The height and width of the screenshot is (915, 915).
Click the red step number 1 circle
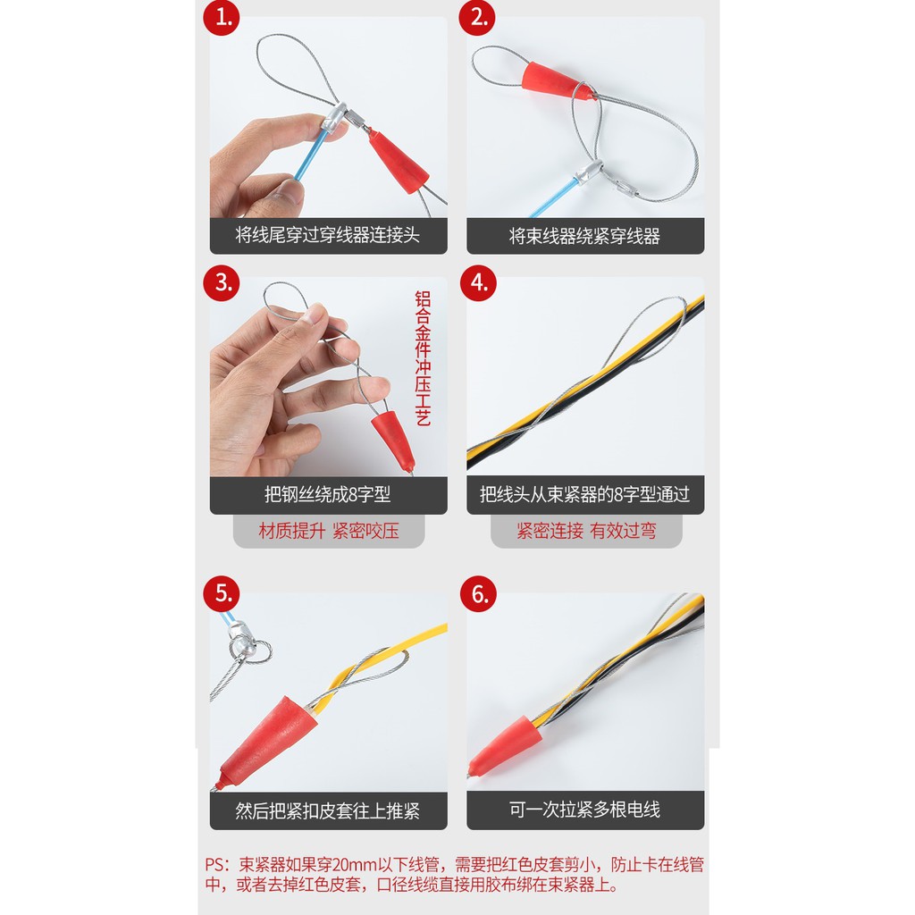[222, 18]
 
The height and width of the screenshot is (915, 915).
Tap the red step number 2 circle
[477, 18]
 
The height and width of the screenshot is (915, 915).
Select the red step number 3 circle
[222, 283]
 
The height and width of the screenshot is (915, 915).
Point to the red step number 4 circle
[479, 283]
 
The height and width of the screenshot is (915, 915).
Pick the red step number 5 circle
[222, 594]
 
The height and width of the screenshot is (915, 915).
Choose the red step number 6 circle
[479, 594]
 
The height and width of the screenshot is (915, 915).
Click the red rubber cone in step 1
[399, 162]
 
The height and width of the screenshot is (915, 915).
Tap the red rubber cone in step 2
[556, 82]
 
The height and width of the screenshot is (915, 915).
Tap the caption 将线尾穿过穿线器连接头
[327, 235]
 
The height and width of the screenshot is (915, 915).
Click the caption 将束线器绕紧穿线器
[584, 236]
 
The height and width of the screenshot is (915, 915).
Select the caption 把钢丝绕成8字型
[327, 495]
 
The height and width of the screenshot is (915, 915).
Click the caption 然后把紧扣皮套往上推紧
[327, 810]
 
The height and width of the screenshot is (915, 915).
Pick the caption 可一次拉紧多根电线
[584, 810]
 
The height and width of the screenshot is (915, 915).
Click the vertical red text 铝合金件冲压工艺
[423, 358]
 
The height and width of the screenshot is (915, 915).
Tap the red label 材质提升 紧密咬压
[329, 531]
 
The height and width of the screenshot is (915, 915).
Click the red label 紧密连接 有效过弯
[586, 531]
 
